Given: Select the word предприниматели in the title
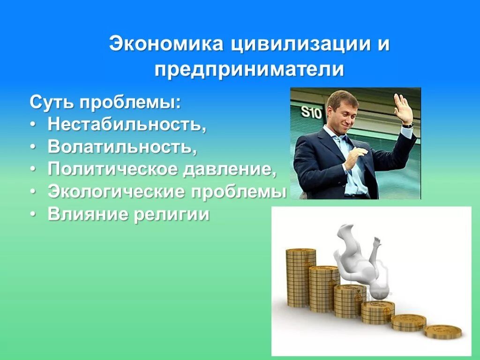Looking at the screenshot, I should (249, 70).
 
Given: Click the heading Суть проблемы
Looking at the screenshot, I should (105, 102).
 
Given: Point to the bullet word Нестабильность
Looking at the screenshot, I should (127, 124).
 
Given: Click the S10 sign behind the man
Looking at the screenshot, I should (311, 112).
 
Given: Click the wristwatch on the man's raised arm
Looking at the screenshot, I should (407, 125).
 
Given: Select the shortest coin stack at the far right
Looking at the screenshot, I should (442, 332).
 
